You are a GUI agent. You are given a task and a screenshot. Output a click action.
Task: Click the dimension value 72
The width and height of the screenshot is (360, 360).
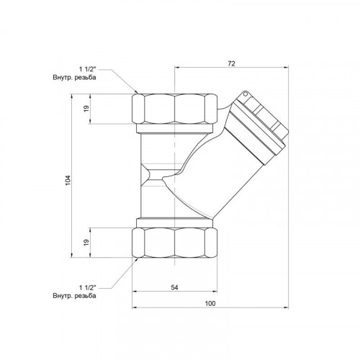231,63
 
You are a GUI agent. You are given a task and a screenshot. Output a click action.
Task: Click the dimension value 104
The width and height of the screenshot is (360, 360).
68,180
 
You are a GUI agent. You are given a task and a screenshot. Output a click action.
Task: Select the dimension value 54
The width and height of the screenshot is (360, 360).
174,287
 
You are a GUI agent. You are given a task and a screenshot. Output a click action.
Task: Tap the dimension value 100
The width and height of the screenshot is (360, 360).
210,303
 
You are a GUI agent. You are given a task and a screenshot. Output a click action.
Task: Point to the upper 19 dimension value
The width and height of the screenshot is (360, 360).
86,109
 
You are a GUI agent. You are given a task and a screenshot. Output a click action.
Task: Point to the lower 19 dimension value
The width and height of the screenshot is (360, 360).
86,242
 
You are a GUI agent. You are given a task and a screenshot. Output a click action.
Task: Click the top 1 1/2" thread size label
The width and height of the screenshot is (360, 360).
88,69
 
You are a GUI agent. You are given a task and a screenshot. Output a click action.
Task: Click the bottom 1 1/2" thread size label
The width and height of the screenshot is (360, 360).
88,287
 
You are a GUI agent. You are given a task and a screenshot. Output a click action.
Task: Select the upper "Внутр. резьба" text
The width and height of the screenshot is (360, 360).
74,78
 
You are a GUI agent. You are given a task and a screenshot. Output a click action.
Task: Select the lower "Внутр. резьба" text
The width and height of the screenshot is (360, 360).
74,295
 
